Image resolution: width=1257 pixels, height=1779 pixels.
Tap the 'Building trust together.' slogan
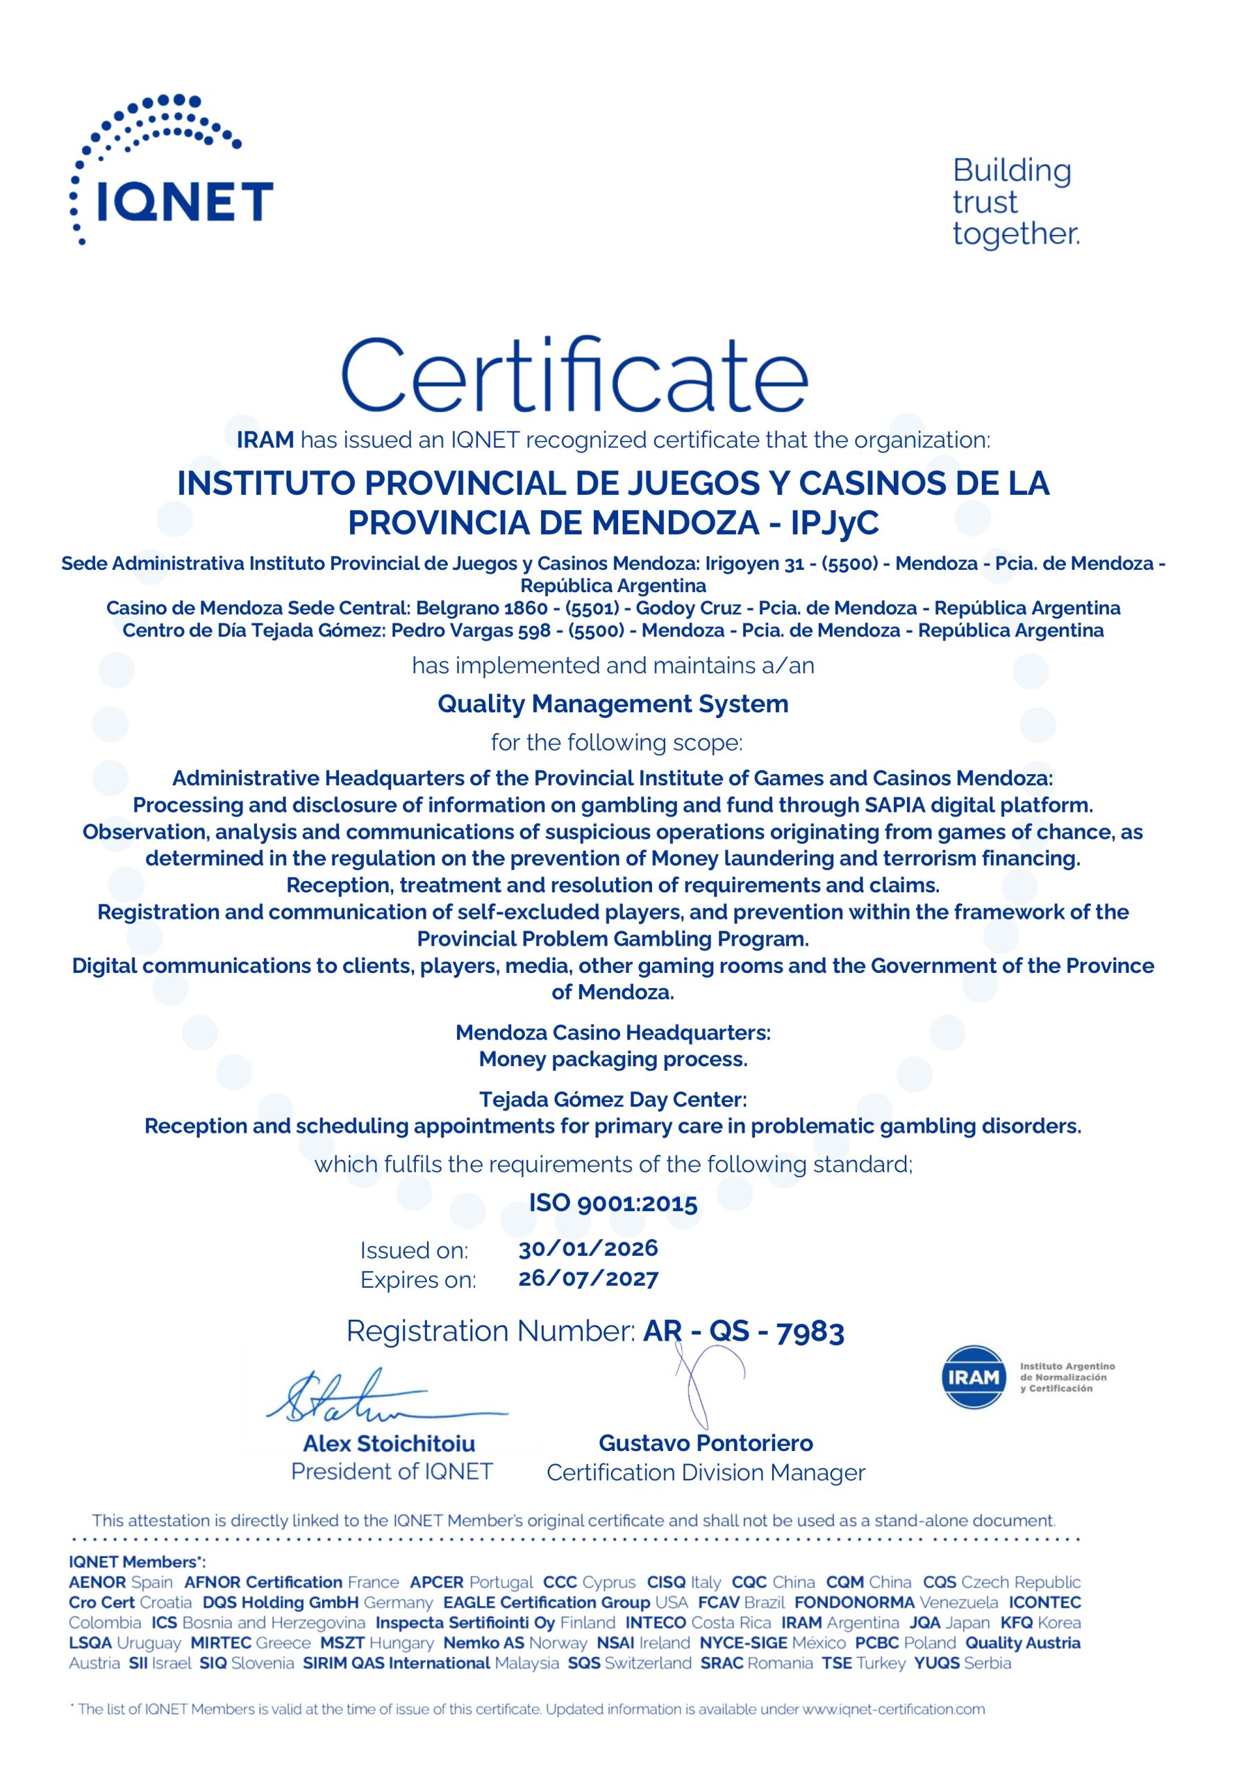(1015, 202)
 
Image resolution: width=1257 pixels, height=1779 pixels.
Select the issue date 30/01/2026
(588, 1248)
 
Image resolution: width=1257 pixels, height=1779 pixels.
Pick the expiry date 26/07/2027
(588, 1279)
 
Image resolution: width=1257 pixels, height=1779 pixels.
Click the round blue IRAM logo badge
(974, 1377)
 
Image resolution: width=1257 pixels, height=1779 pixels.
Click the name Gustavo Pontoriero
(706, 1443)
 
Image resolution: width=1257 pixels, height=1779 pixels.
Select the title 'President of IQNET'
(391, 1471)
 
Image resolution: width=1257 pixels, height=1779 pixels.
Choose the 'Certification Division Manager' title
(706, 1472)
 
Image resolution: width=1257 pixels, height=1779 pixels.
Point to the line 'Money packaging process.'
(613, 1059)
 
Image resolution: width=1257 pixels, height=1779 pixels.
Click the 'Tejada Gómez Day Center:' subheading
(613, 1099)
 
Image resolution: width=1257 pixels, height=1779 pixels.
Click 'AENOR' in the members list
(96, 1582)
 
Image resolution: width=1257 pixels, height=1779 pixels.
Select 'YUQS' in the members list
(936, 1663)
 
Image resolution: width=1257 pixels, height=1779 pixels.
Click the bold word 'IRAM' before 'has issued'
(265, 439)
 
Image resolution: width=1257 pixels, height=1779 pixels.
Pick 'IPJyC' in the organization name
(834, 523)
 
